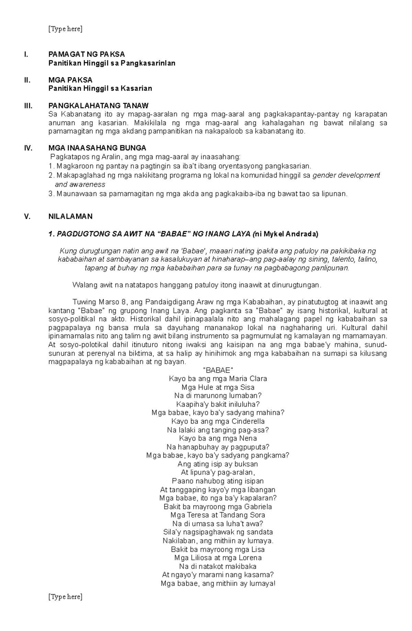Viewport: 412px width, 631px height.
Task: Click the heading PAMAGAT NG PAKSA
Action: [x=87, y=54]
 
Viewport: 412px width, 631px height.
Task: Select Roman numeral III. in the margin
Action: [x=28, y=106]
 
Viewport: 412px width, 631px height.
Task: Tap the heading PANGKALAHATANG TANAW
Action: [x=99, y=106]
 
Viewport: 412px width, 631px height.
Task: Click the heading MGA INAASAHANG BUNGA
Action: [x=97, y=148]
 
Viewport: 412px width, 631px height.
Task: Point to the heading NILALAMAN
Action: [x=70, y=216]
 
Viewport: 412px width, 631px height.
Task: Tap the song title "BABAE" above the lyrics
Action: [x=218, y=370]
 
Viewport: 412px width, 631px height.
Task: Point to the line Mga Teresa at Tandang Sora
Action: [x=218, y=515]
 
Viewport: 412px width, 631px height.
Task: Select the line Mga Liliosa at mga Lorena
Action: [x=218, y=558]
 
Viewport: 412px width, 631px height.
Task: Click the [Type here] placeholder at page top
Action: [x=65, y=29]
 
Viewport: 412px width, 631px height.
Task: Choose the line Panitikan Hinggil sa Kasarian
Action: [x=100, y=89]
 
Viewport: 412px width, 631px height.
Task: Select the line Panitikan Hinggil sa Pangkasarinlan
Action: [x=112, y=63]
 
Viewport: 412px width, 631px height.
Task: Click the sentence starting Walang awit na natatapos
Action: [x=197, y=285]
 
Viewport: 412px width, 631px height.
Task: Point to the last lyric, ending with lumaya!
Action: [x=218, y=584]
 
